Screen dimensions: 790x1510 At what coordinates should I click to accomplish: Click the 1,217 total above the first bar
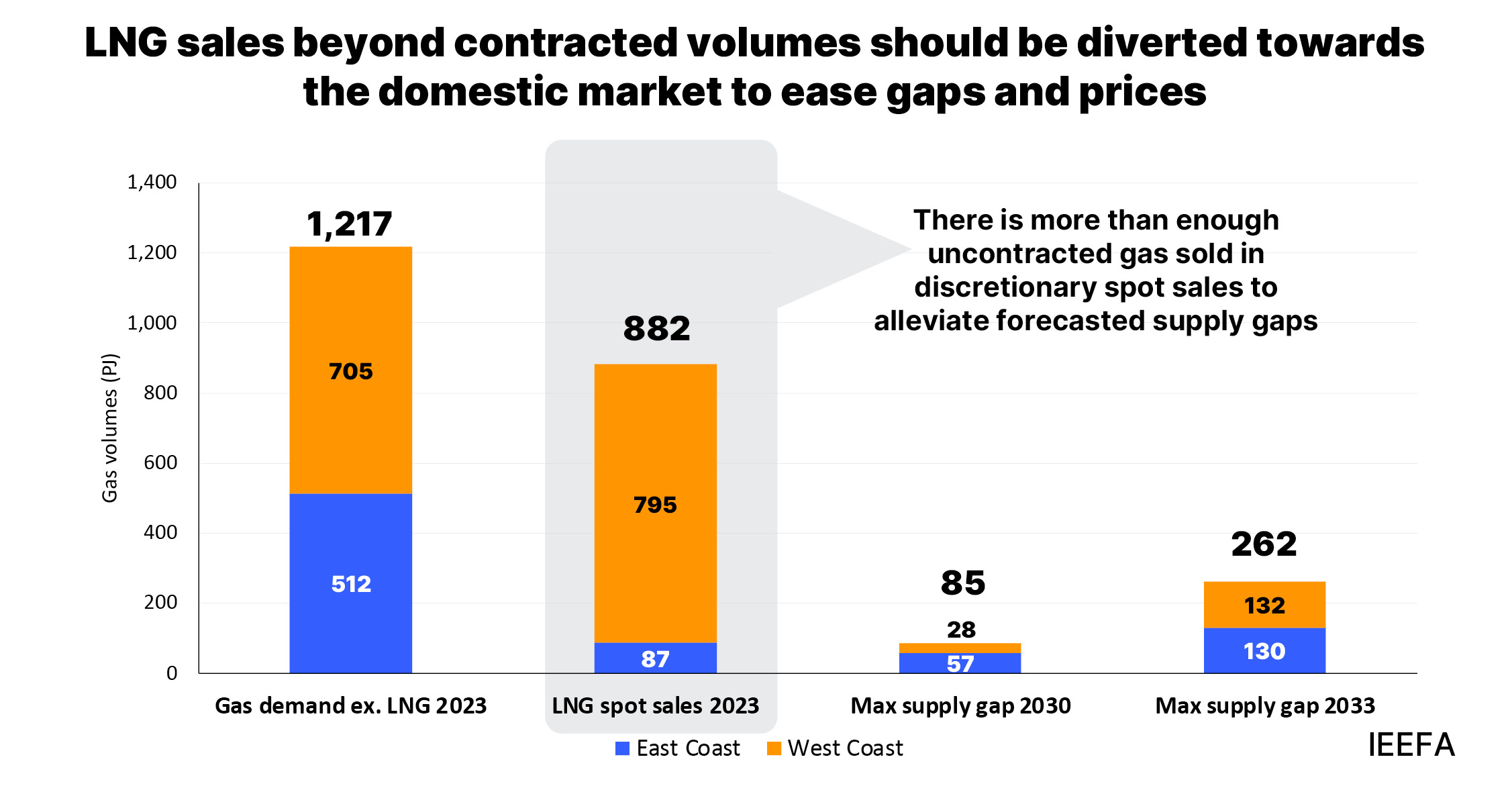349,224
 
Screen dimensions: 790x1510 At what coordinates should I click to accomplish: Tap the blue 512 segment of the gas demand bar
350,583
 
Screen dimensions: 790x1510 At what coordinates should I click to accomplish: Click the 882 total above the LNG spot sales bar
656,329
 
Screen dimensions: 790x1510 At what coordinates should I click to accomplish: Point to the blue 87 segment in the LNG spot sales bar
655,658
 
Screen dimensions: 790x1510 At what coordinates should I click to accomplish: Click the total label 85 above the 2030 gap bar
962,583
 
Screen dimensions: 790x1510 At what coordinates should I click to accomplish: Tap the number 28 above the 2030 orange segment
960,630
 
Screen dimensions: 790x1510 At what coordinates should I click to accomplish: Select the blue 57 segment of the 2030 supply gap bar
960,663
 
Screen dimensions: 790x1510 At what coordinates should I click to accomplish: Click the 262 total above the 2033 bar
1264,544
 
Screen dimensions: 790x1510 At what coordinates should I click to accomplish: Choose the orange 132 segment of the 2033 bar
1264,605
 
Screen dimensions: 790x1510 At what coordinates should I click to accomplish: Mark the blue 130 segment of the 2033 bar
1264,651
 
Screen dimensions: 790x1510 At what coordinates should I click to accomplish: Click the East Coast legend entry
678,748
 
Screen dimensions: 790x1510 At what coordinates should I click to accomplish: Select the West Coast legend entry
836,748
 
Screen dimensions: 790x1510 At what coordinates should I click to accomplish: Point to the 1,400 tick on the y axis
152,182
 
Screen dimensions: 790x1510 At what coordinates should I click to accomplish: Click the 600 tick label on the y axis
160,462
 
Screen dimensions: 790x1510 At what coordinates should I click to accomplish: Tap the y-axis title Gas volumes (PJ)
109,428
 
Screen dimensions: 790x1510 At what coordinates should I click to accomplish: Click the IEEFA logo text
1411,745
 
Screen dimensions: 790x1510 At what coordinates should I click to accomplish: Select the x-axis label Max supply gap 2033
1264,705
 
